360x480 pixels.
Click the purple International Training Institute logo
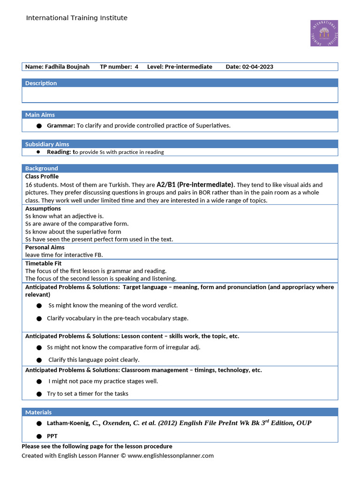324,33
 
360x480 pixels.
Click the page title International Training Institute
76,18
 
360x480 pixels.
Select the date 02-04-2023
257,67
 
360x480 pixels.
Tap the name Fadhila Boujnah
67,67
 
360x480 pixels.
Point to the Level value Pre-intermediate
188,67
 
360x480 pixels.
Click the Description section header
41,83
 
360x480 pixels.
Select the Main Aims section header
40,115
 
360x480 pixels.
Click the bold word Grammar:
61,126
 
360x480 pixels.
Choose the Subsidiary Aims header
47,144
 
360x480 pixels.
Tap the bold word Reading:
60,152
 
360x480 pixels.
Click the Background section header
42,168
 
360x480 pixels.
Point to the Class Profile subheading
42,176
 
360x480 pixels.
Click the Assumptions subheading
43,209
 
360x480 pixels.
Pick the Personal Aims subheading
45,247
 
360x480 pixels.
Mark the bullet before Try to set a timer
39,394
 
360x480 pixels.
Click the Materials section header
38,412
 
